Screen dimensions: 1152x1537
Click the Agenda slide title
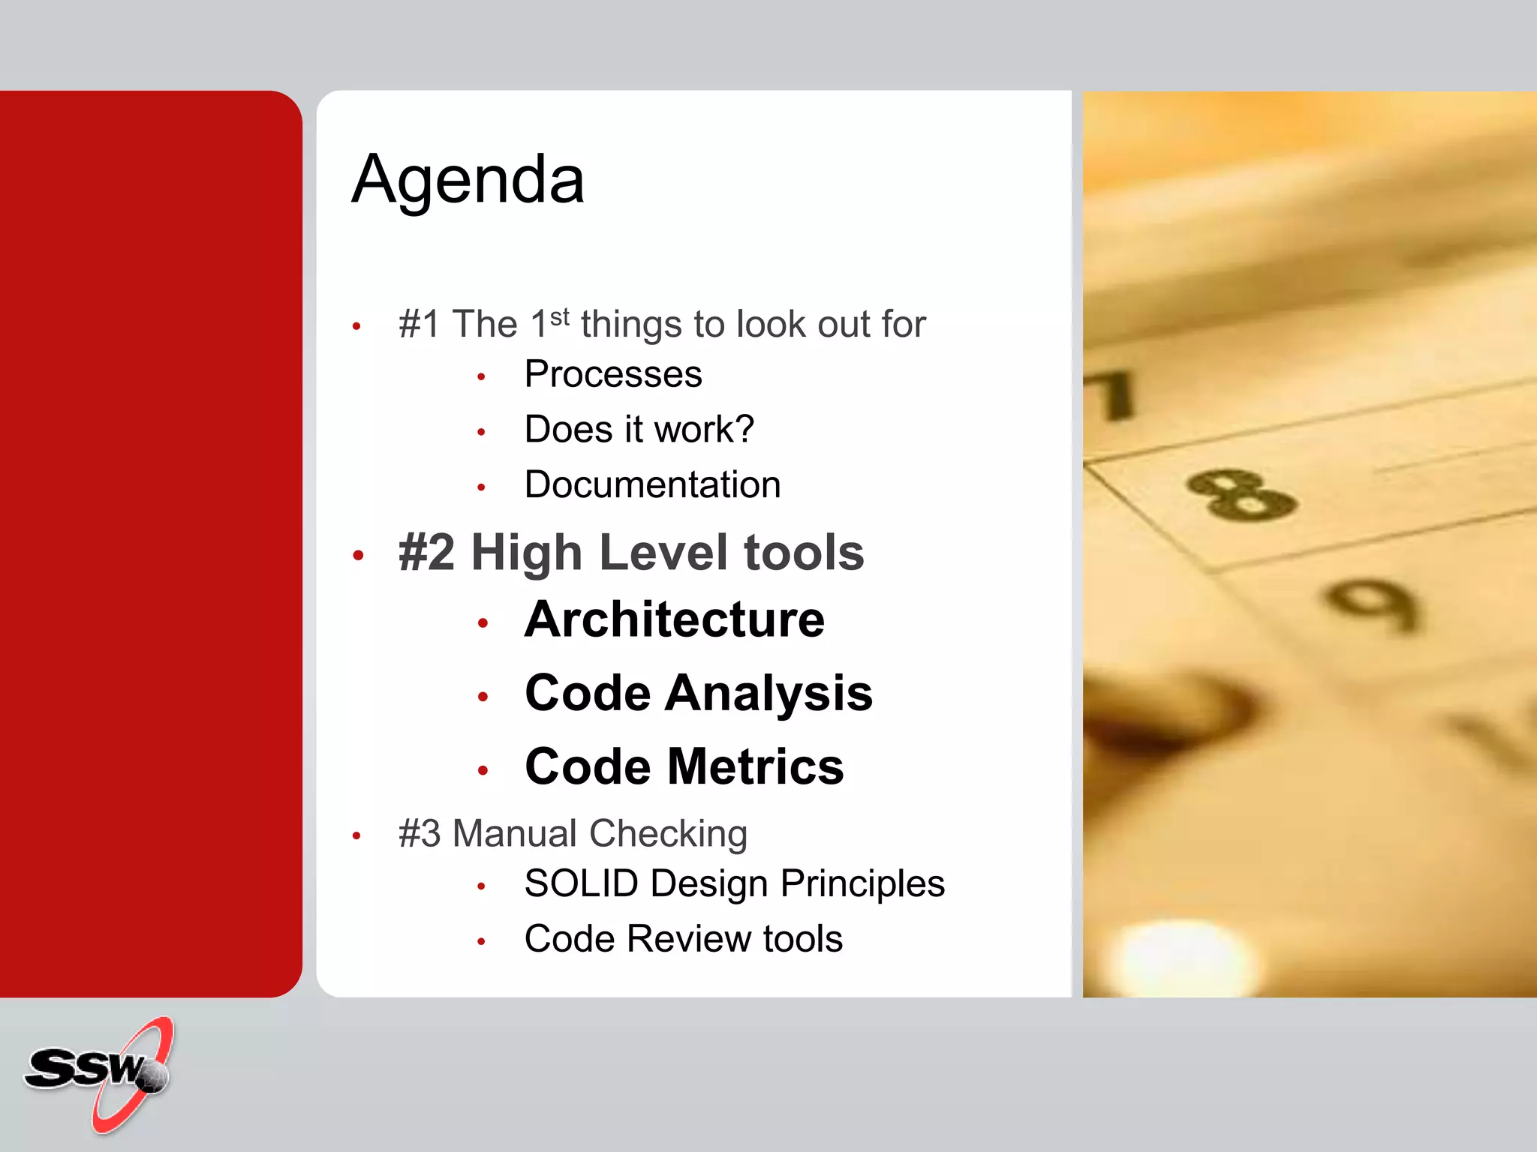(x=468, y=180)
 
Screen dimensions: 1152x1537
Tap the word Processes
(x=612, y=374)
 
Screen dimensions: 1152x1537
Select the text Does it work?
(x=639, y=430)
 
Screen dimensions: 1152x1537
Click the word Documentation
(x=652, y=484)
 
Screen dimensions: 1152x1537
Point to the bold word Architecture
(x=674, y=620)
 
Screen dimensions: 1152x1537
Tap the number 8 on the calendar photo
(x=1242, y=495)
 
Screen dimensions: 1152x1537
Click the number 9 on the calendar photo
(x=1373, y=604)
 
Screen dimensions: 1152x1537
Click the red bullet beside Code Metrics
(x=483, y=770)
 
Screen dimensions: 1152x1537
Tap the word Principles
(x=862, y=883)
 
